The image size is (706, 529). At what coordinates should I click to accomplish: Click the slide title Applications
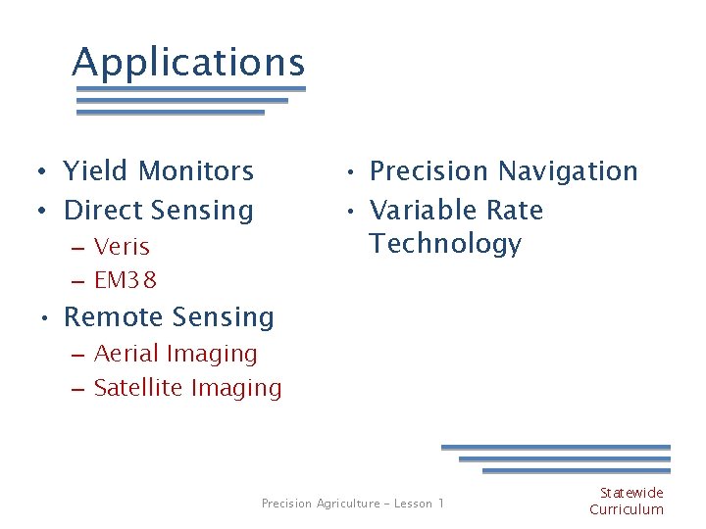coord(188,63)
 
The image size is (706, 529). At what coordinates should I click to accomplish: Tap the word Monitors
coord(195,171)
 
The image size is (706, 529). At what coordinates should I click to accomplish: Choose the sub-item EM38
coord(126,281)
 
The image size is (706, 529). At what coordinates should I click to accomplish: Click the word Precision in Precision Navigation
coord(423,171)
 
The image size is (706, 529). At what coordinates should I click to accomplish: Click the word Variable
coord(420,211)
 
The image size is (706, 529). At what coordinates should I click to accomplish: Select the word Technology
coord(445,244)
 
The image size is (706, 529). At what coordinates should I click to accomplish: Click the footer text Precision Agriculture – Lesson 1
coord(352,504)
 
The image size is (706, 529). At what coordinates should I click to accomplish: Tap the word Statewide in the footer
coord(631,493)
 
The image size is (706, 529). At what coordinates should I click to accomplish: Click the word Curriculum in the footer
coord(627,509)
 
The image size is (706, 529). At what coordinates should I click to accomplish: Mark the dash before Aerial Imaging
coord(78,355)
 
